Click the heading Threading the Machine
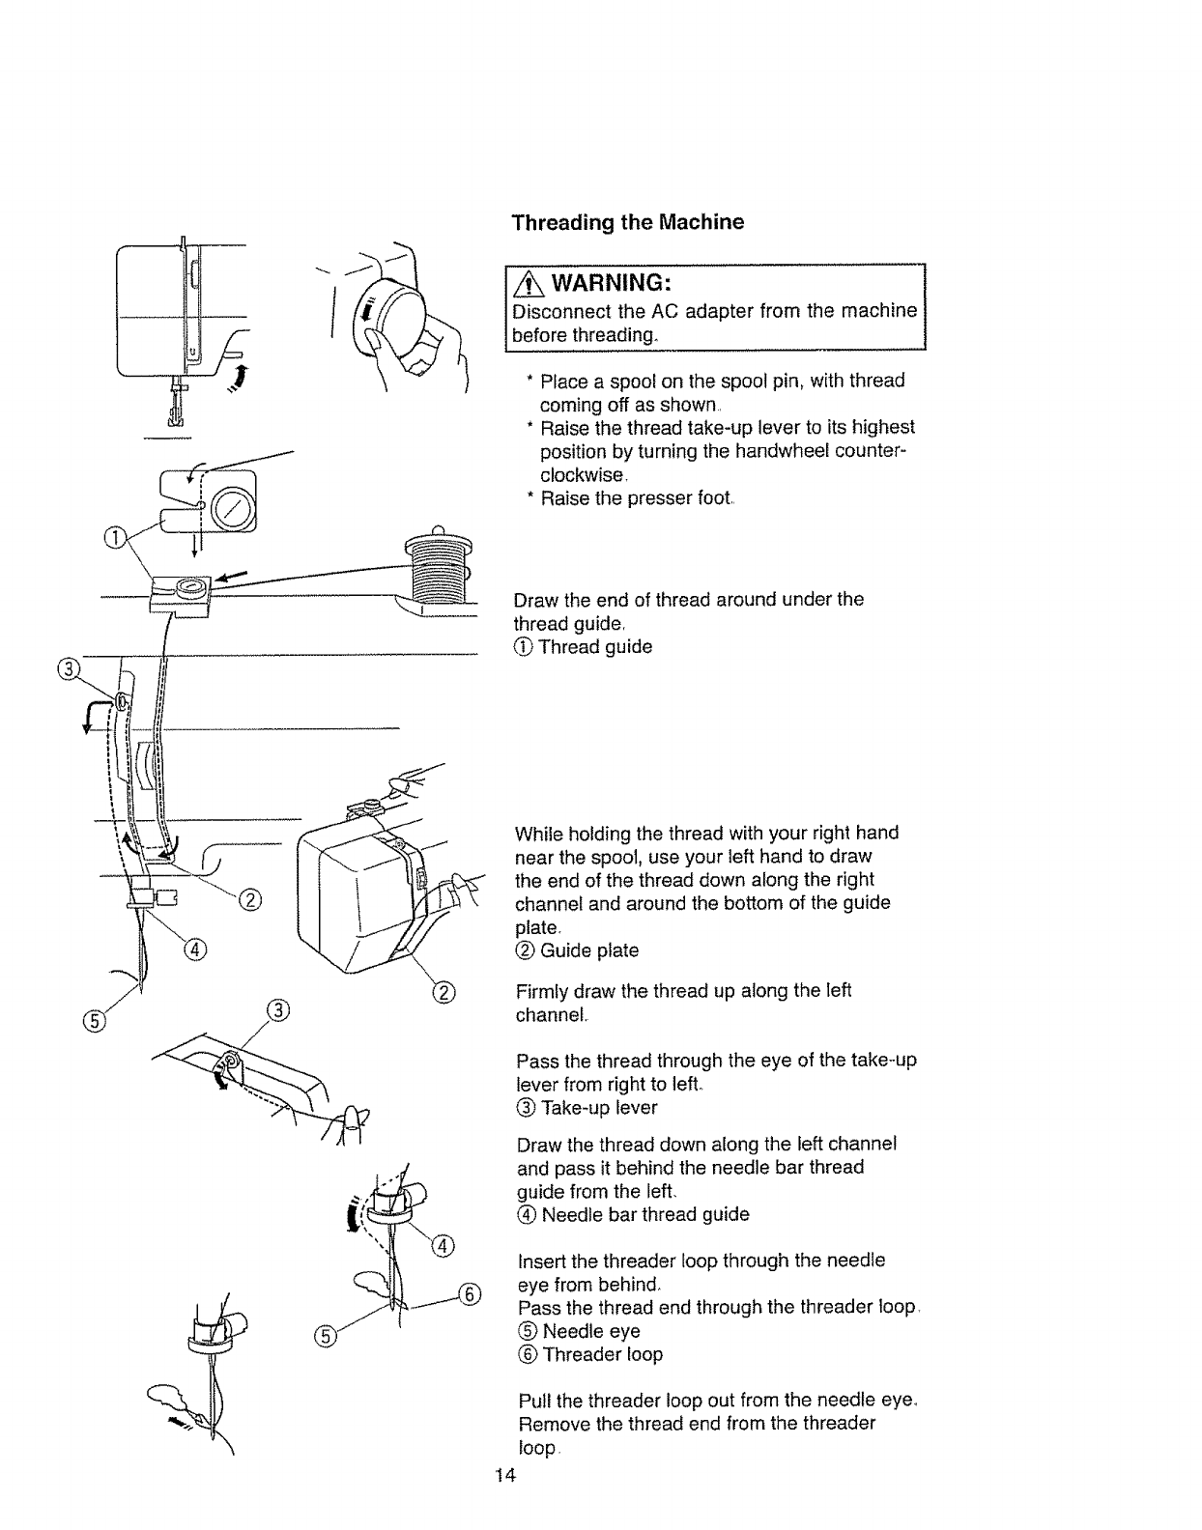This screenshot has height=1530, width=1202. [x=627, y=222]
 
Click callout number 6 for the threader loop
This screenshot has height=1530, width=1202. [x=470, y=1294]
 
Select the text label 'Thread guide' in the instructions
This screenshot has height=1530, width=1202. [x=595, y=647]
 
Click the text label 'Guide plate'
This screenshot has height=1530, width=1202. [x=588, y=950]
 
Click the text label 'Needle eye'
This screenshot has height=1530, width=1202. [x=590, y=1331]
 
